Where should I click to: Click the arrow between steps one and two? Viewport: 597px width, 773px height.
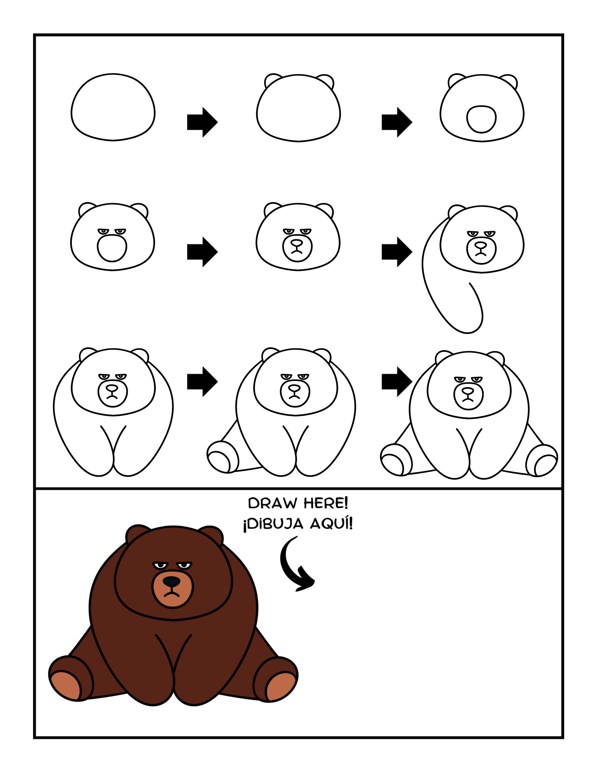point(202,122)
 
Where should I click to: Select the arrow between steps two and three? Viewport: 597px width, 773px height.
point(397,122)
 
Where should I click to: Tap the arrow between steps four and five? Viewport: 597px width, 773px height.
point(202,252)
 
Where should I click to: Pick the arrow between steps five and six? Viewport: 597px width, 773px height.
point(397,252)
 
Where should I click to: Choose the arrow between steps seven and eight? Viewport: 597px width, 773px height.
point(202,382)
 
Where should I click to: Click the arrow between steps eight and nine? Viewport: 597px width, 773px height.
point(397,382)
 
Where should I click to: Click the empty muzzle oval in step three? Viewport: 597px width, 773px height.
point(481,119)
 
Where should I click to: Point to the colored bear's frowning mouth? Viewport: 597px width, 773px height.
point(172,594)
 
